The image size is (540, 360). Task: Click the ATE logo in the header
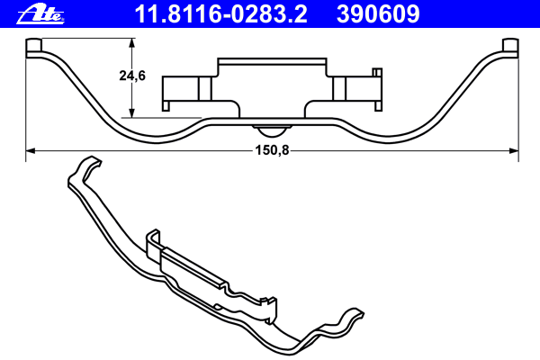[x=40, y=14]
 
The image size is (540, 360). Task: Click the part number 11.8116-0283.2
[x=220, y=14]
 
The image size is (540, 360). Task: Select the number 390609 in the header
[x=378, y=14]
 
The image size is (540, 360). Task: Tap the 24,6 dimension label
[x=132, y=76]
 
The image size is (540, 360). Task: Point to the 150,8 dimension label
[x=272, y=150]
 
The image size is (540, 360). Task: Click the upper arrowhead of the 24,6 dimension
[x=131, y=42]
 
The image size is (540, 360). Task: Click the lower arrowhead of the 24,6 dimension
[x=131, y=113]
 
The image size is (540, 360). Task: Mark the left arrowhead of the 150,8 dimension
[x=31, y=151]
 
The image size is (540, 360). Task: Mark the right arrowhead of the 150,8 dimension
[x=514, y=151]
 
